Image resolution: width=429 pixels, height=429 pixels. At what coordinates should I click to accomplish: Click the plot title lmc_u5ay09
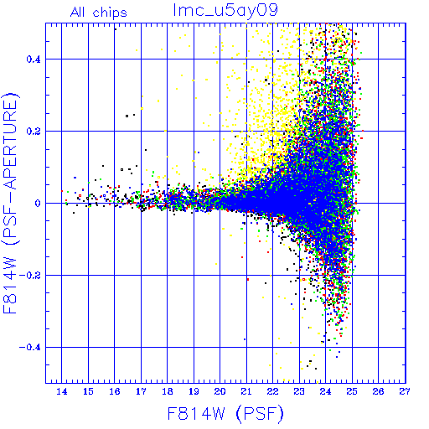coord(225,12)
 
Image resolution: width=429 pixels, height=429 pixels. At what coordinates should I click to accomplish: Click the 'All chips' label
coord(98,13)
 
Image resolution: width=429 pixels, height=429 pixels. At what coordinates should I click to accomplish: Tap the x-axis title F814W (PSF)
coord(225,413)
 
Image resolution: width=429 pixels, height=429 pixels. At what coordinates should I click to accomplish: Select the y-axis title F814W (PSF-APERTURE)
coord(10,203)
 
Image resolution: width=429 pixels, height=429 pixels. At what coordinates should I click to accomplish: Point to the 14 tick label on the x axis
coord(62,391)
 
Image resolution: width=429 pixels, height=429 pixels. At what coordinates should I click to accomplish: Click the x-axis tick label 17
coord(141,391)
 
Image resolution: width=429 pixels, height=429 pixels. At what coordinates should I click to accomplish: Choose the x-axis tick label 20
coord(220,391)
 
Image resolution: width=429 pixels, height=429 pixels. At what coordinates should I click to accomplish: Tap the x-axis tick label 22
coord(272,391)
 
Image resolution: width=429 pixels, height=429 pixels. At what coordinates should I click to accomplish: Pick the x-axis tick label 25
coord(352,391)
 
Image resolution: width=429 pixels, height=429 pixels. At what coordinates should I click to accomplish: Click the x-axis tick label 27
coord(405,391)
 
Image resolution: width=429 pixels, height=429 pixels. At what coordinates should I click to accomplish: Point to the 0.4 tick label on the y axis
coord(34,59)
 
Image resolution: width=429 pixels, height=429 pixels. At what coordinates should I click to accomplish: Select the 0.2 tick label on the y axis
coord(34,132)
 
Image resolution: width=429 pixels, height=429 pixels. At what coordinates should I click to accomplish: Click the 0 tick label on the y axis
coord(38,204)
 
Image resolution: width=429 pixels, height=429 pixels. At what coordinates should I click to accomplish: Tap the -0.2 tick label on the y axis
coord(30,276)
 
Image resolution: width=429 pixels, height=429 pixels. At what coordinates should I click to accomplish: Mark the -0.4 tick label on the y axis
coord(30,348)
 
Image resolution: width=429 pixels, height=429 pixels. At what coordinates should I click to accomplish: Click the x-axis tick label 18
coord(168,391)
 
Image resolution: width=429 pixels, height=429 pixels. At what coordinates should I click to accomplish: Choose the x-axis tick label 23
coord(299,391)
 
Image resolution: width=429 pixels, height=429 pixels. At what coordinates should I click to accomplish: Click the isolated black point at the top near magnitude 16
coord(116,29)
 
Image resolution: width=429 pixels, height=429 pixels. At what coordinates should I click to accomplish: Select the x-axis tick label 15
coord(88,391)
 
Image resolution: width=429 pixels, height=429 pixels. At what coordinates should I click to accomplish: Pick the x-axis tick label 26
coord(378,391)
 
